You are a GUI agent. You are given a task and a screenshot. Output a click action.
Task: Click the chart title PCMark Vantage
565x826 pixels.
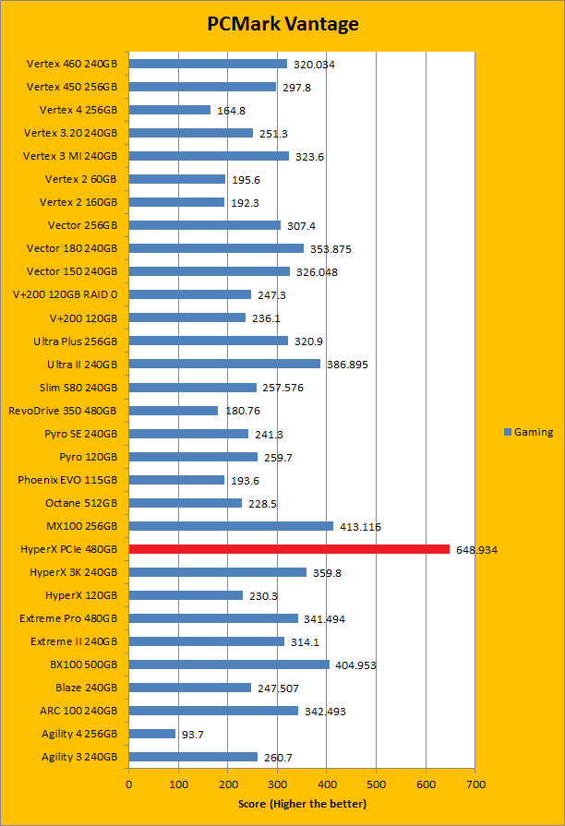pyautogui.click(x=282, y=23)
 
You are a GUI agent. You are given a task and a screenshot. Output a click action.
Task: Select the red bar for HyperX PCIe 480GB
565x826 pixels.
pyautogui.click(x=289, y=549)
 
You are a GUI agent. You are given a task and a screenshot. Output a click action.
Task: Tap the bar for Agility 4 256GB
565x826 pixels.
pyautogui.click(x=152, y=734)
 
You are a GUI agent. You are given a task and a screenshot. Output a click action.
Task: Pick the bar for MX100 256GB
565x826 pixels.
pyautogui.click(x=231, y=526)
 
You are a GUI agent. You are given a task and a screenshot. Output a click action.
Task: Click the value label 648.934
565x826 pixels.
pyautogui.click(x=476, y=549)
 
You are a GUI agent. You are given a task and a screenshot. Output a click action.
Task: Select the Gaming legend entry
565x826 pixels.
pyautogui.click(x=529, y=432)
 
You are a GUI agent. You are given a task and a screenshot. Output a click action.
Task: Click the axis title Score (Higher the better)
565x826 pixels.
pyautogui.click(x=302, y=804)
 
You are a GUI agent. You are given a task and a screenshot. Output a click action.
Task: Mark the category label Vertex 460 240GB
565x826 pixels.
pyautogui.click(x=72, y=64)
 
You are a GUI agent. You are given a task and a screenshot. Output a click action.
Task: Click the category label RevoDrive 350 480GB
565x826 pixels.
pyautogui.click(x=63, y=411)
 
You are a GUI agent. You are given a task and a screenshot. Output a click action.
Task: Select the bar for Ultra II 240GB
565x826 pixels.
pyautogui.click(x=224, y=364)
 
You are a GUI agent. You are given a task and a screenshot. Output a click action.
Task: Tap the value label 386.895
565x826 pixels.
pyautogui.click(x=347, y=365)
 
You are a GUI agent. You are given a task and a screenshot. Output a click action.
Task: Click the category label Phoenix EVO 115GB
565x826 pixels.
pyautogui.click(x=67, y=480)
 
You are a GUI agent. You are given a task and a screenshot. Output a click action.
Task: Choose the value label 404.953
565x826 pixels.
pyautogui.click(x=356, y=664)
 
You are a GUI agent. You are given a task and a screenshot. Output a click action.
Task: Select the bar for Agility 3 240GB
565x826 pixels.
pyautogui.click(x=193, y=757)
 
